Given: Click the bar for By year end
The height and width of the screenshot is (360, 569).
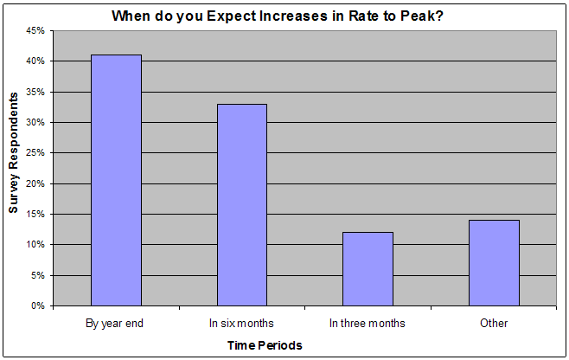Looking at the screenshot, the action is click(x=116, y=180).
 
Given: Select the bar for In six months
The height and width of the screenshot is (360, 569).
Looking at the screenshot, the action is click(x=242, y=205).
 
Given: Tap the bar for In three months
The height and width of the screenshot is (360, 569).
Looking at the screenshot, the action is click(x=368, y=269).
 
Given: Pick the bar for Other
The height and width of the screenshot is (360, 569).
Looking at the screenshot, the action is click(x=494, y=262).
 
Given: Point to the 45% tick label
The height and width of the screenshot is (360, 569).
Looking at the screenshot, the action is click(x=35, y=31).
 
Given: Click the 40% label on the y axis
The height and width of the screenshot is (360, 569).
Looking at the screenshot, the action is click(x=35, y=61).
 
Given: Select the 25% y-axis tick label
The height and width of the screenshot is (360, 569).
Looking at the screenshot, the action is click(x=35, y=153).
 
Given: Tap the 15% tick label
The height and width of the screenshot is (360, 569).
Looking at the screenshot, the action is click(x=35, y=215).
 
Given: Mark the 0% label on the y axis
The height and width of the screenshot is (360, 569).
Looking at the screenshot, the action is click(x=38, y=305).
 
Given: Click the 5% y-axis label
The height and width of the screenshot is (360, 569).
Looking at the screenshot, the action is click(x=38, y=275).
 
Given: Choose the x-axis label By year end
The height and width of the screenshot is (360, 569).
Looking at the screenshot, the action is click(x=114, y=324).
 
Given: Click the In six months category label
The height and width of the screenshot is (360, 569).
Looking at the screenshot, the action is click(x=241, y=323).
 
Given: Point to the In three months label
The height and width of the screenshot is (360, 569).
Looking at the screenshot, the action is click(x=368, y=323).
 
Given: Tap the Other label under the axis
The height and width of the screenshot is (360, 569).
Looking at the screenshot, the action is click(x=494, y=323).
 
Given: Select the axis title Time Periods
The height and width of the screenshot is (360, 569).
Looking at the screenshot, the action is click(x=265, y=345).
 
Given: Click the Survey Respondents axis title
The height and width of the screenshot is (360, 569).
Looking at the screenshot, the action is click(x=13, y=152).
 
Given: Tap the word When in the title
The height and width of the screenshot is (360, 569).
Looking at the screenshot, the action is click(x=131, y=16).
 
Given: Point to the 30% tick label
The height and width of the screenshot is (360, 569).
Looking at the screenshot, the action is click(x=35, y=122).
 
